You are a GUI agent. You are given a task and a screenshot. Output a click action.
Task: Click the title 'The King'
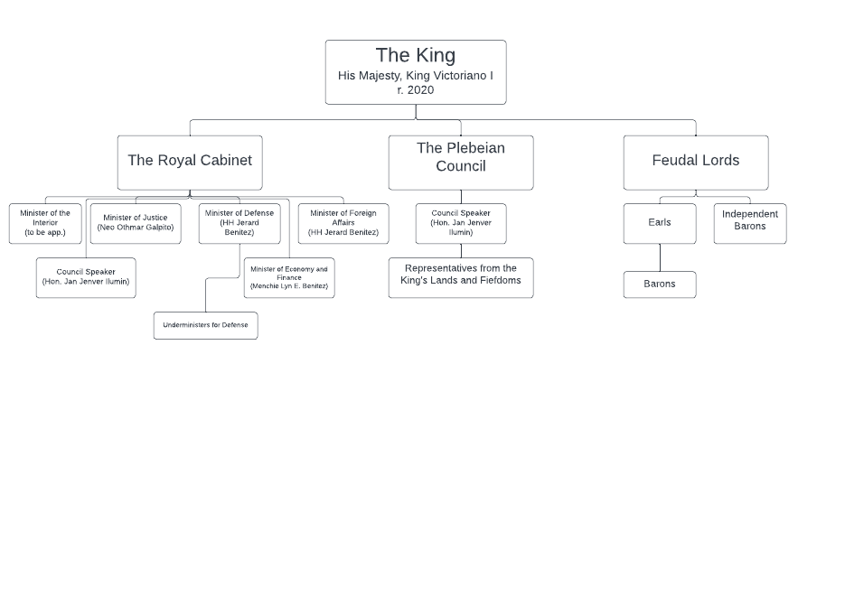[416, 55]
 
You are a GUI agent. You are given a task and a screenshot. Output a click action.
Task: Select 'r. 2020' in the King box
[416, 90]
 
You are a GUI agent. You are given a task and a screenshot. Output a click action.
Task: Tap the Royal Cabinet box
[190, 163]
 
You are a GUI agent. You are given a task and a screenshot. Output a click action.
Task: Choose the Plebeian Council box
[461, 163]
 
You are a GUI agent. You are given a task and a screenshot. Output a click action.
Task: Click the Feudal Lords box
[696, 163]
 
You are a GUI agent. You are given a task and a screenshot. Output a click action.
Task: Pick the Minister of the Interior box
[45, 223]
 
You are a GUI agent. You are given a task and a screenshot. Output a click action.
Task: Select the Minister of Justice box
[136, 223]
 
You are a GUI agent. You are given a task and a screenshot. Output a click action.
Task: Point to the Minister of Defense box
[239, 223]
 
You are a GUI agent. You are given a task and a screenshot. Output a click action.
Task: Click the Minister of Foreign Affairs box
[343, 223]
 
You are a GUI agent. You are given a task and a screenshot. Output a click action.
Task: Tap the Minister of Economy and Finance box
[289, 278]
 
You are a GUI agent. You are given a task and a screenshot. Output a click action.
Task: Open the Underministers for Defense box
[206, 326]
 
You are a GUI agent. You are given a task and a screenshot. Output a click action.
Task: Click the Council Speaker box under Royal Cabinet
[86, 278]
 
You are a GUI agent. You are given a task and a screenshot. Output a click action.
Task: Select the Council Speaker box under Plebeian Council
[461, 223]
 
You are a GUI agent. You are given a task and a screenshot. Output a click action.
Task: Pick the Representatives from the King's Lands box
[461, 278]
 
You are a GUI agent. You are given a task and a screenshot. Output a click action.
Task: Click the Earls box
[660, 223]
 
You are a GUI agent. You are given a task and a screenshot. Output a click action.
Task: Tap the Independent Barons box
[750, 223]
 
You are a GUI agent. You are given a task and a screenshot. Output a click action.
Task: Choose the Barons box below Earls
[660, 285]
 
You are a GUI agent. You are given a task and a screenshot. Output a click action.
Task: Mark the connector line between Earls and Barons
[660, 257]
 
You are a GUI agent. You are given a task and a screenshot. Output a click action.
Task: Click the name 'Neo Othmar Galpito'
[136, 228]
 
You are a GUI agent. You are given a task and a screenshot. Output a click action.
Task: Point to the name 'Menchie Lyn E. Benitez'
[289, 285]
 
